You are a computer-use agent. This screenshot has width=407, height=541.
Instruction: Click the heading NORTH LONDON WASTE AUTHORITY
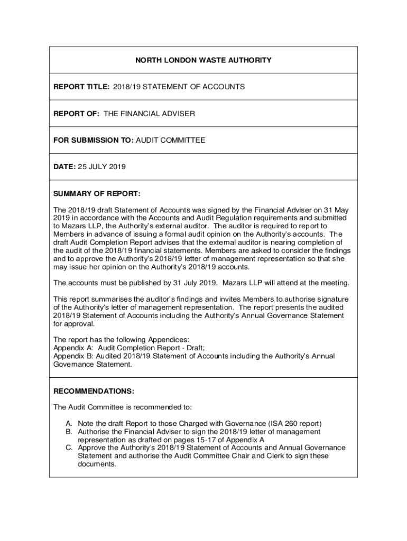(x=203, y=60)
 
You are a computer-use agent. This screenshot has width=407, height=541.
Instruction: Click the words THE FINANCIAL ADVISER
(x=149, y=114)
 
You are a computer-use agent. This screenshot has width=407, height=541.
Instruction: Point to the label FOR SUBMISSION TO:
(x=94, y=140)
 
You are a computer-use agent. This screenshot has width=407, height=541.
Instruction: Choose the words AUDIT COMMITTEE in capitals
(x=171, y=140)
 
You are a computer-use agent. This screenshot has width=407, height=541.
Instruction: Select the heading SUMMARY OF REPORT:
(x=97, y=193)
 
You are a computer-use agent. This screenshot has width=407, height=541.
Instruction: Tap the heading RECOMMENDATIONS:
(x=94, y=391)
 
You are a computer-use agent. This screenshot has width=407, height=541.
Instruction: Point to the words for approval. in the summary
(x=75, y=324)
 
